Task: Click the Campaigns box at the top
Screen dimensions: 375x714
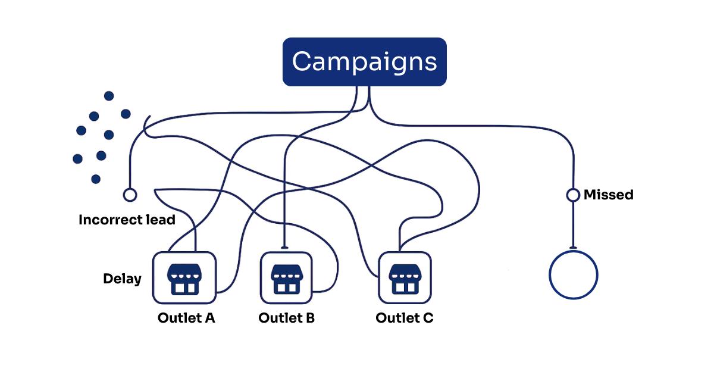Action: (364, 62)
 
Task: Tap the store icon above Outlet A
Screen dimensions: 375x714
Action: (184, 277)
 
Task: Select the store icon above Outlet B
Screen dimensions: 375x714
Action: (286, 277)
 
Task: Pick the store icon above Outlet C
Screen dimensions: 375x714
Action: (405, 277)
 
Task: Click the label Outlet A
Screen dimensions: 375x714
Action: (186, 318)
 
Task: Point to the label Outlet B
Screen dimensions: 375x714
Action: (286, 318)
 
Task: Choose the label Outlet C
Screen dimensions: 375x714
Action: (404, 318)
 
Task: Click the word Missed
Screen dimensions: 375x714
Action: (608, 195)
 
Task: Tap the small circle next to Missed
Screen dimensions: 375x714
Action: (573, 195)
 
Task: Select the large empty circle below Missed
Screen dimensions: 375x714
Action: (573, 275)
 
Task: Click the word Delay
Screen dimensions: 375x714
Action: (122, 279)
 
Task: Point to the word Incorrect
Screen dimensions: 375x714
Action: (111, 220)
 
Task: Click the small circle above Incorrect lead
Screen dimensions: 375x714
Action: (129, 195)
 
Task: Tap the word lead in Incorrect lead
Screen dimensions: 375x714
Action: (161, 220)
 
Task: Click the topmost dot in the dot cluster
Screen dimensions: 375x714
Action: (109, 96)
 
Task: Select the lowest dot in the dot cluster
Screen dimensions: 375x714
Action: (96, 179)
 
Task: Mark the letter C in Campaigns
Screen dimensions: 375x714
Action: (303, 62)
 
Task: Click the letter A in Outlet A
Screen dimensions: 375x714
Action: (209, 318)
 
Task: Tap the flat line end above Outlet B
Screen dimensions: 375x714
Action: (286, 247)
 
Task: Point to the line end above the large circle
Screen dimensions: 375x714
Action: (573, 247)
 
